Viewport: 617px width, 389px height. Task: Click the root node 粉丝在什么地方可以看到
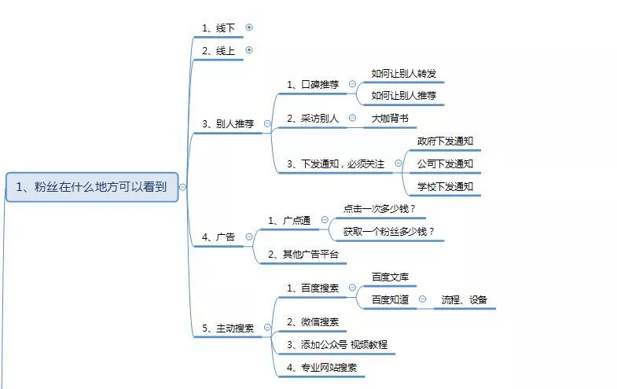(x=93, y=186)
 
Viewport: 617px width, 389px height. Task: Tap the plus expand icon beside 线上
(x=249, y=50)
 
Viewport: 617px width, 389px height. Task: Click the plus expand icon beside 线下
(x=249, y=27)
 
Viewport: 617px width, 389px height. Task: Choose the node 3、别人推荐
(x=228, y=123)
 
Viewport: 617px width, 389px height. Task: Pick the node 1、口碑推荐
(x=313, y=84)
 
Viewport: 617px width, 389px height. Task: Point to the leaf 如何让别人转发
(x=403, y=73)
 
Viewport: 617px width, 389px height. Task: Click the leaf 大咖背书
(x=390, y=119)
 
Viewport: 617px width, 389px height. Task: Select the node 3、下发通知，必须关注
(x=336, y=163)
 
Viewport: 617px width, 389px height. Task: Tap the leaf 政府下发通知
(x=445, y=141)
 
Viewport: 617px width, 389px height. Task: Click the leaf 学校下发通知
(x=445, y=186)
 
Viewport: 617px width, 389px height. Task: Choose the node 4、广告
(x=219, y=237)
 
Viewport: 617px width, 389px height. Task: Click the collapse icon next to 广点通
(x=324, y=221)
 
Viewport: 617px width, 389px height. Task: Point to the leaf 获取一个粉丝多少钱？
(x=389, y=232)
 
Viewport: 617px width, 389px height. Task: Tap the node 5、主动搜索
(x=228, y=328)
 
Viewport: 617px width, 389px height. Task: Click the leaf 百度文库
(x=390, y=277)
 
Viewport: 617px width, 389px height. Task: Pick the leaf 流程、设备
(x=464, y=299)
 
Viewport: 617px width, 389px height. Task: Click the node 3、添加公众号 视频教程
(x=336, y=344)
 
